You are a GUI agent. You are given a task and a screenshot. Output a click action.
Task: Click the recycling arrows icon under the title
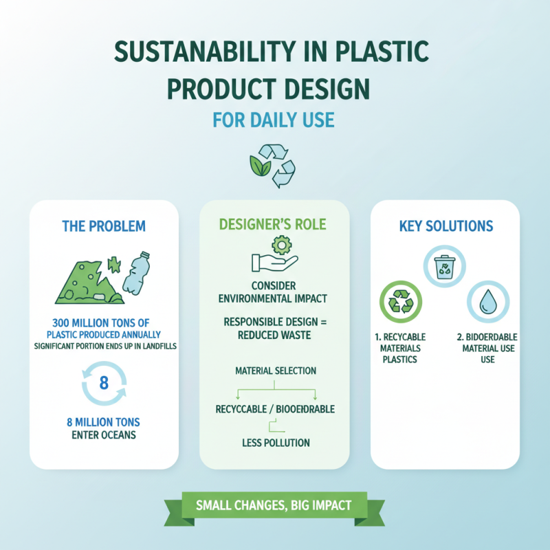point(274,165)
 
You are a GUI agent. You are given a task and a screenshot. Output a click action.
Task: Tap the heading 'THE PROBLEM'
point(104,226)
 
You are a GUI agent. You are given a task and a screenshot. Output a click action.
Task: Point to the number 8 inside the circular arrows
point(104,383)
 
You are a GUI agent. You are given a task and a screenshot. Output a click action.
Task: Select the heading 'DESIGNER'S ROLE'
point(274,225)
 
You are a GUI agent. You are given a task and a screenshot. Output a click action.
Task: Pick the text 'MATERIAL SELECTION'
point(275,371)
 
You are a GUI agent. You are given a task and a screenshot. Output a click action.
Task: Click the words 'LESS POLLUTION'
point(275,443)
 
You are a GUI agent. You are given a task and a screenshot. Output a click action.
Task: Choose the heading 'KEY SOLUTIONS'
point(445,226)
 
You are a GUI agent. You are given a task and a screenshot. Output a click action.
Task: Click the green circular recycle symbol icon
point(401,302)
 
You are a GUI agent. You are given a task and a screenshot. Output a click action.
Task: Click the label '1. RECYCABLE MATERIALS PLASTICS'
point(400,348)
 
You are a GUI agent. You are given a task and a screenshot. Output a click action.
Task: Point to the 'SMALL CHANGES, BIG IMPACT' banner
point(274,505)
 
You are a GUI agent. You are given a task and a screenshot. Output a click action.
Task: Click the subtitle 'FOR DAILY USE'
point(274,121)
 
